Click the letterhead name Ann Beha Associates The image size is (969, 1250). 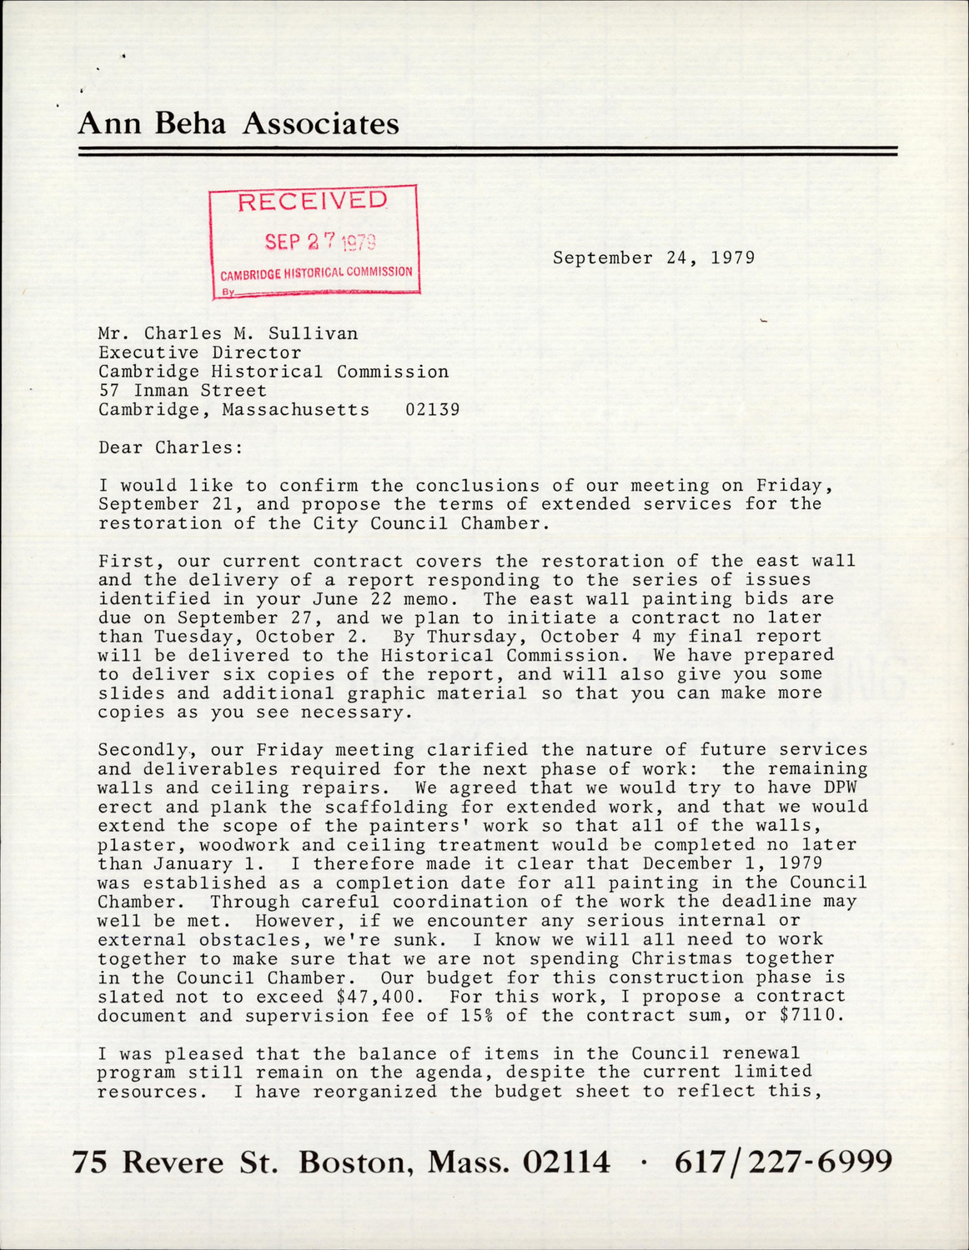pyautogui.click(x=238, y=124)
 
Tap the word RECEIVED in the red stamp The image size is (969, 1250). pyautogui.click(x=313, y=202)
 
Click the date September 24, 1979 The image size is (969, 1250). pyautogui.click(x=654, y=257)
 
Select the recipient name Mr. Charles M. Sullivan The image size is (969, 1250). pyautogui.click(x=228, y=333)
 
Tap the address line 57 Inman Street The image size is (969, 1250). pyautogui.click(x=182, y=390)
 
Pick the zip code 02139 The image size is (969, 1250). pyautogui.click(x=432, y=409)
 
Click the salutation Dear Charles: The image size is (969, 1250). pyautogui.click(x=170, y=447)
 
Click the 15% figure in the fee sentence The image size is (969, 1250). pyautogui.click(x=474, y=1016)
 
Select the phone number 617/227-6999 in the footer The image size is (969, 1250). pyautogui.click(x=783, y=1161)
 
